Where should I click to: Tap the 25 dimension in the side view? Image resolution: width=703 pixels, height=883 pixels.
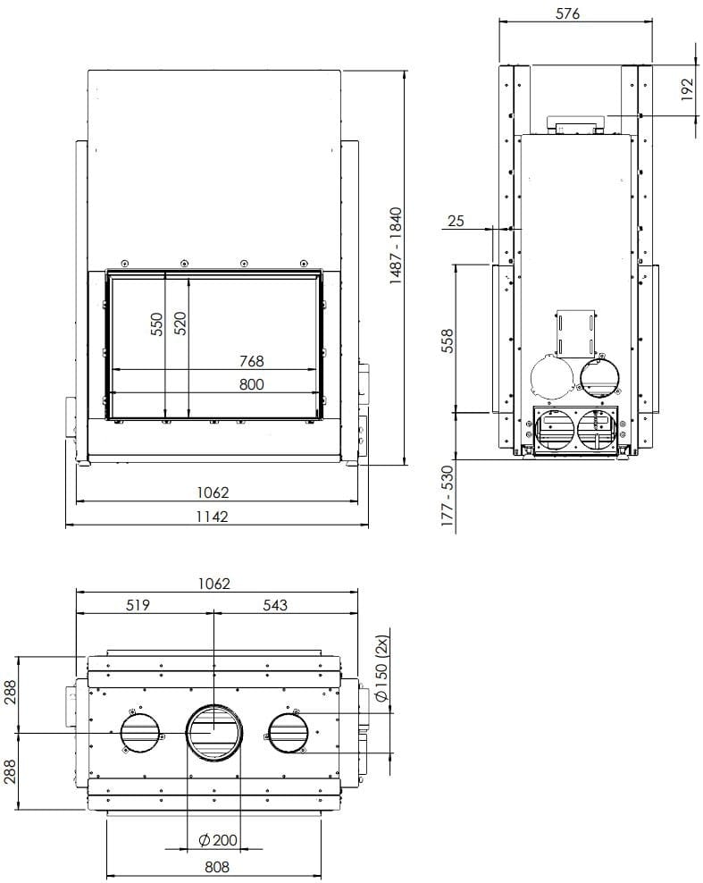456,221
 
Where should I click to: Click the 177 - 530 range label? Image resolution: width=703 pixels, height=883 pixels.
448,499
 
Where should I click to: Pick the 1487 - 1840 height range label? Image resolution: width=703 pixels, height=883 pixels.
397,247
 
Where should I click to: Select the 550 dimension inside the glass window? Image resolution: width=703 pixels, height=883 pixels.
156,324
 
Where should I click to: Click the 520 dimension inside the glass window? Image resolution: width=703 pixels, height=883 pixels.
180,324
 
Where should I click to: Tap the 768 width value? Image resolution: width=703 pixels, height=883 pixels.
252,361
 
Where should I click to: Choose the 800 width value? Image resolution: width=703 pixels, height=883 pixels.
252,384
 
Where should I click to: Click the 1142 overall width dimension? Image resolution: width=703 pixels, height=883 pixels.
213,517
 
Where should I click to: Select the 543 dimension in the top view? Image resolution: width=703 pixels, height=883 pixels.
275,605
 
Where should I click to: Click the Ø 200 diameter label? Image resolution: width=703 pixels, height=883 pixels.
217,839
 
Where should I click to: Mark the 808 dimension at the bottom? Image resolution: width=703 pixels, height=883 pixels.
217,866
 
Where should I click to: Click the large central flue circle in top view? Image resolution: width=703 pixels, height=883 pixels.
214,732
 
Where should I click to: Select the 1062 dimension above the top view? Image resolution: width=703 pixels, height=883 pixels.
214,584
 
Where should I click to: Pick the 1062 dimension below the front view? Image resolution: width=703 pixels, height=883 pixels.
214,492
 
